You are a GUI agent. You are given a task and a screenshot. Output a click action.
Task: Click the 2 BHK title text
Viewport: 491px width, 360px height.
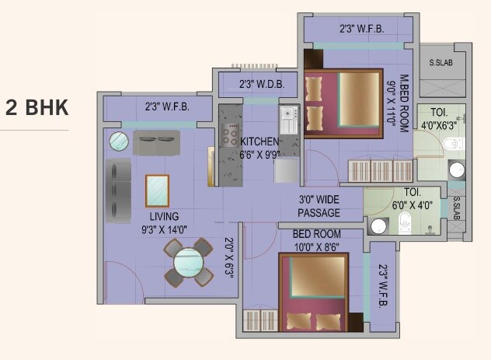(x=37, y=108)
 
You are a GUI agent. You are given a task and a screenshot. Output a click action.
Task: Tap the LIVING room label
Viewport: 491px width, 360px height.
(x=165, y=216)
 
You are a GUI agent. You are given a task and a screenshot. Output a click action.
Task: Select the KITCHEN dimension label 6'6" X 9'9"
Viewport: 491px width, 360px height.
(x=259, y=155)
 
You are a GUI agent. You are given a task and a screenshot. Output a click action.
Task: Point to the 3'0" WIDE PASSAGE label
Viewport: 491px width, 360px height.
(x=319, y=206)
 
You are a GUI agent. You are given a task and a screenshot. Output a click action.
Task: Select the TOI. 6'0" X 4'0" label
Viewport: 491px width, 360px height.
(x=413, y=197)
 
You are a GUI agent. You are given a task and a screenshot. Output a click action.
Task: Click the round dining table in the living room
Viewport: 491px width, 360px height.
(x=188, y=262)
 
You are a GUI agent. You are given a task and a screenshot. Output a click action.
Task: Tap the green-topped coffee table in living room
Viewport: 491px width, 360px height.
(x=158, y=190)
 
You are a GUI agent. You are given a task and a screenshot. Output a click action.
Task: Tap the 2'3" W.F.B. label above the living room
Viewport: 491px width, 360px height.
(x=166, y=107)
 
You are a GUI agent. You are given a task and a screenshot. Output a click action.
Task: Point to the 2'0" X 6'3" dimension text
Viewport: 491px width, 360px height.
(x=229, y=257)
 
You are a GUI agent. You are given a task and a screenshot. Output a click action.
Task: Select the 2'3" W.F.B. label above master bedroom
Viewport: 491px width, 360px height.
(x=360, y=30)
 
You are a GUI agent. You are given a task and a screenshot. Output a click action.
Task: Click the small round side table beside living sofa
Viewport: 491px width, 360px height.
(x=119, y=142)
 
